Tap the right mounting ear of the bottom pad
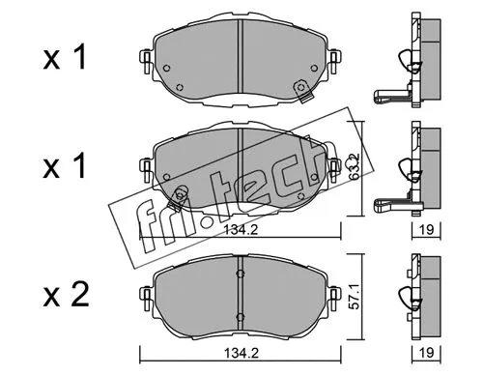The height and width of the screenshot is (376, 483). click(330, 290)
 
